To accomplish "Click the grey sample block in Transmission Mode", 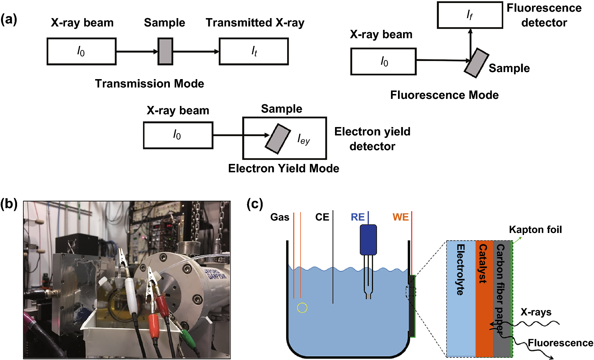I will tap(165, 51).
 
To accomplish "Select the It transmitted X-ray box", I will tap(254, 51).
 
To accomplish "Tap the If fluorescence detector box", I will tap(470, 15).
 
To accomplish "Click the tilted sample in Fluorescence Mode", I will tap(476, 63).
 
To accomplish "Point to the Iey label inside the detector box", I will tap(304, 139).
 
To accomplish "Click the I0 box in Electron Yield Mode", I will tap(178, 135).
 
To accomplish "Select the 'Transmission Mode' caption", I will tap(149, 83).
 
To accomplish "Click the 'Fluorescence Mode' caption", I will tap(444, 95).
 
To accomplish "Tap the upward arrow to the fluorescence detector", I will tap(470, 42).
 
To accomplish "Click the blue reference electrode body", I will tap(368, 240).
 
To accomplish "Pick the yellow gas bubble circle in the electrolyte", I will tap(302, 307).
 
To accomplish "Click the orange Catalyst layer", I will tap(484, 298).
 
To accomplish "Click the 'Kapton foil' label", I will tap(535, 230).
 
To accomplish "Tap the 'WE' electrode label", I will tap(400, 217).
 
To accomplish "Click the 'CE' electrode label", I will tap(322, 217).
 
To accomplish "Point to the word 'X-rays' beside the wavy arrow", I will tap(536, 312).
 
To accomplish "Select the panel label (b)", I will tap(9, 203).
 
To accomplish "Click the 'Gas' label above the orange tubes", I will tap(279, 217).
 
